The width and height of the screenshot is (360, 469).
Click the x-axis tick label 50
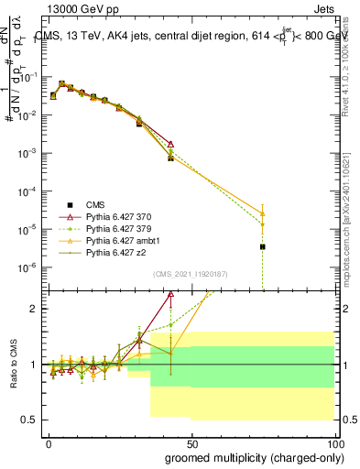point(191,442)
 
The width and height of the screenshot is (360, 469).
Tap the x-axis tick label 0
point(49,442)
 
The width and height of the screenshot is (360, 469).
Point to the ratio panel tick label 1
point(33,365)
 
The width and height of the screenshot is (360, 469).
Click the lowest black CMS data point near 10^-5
point(263,246)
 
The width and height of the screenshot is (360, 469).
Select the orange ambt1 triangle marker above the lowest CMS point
point(263,213)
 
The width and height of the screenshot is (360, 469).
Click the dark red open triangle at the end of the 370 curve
point(171,144)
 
